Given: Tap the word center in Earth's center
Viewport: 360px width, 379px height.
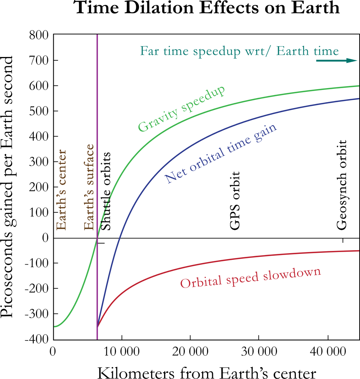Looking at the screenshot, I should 61,169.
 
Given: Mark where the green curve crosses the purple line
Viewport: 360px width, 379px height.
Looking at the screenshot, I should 97,238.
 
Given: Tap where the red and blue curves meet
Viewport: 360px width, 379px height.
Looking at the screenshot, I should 97,327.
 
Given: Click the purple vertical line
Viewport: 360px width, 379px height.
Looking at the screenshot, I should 97,111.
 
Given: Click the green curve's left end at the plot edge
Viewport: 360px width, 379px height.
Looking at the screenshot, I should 55,326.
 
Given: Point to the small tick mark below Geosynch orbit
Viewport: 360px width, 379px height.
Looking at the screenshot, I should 343,241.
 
